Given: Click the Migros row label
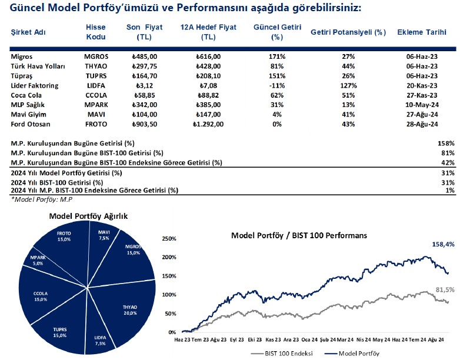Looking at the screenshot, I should [x=22, y=56].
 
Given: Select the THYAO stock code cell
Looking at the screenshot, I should [x=96, y=66].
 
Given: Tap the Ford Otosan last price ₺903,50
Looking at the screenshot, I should [x=146, y=125].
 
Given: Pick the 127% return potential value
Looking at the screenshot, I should [x=348, y=86].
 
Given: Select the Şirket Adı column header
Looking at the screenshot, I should [x=29, y=31].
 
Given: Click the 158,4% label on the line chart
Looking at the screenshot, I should [x=442, y=244].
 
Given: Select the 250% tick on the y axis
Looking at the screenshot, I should [x=168, y=239].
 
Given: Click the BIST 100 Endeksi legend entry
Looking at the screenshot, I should [x=280, y=354].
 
